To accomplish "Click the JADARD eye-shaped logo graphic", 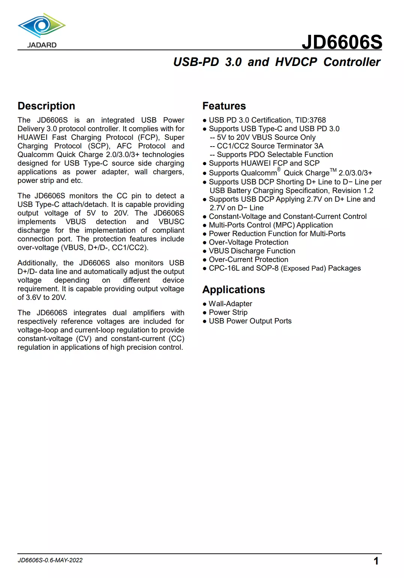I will tap(42, 25).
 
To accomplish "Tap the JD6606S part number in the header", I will tap(342, 42).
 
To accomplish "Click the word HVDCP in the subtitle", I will tap(296, 62).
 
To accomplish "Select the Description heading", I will tap(47, 106).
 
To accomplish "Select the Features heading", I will tap(224, 106).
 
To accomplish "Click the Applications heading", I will tap(233, 290).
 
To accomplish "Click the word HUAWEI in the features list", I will tap(255, 163).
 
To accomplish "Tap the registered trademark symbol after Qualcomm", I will tap(279, 169).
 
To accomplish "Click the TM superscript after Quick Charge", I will tap(333, 170).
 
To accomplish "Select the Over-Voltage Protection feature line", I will tap(248, 242).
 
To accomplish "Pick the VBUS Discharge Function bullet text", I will tap(252, 251).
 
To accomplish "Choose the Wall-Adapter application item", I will tap(230, 304).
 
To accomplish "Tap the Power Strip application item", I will tap(228, 312).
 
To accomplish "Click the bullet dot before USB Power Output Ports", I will tap(205, 321).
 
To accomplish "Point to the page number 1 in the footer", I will tap(376, 561).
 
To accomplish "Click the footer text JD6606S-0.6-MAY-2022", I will tap(50, 560).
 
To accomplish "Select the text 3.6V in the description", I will tap(33, 297).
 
